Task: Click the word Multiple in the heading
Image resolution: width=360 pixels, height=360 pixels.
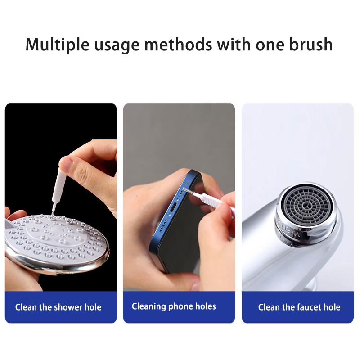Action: pyautogui.click(x=58, y=45)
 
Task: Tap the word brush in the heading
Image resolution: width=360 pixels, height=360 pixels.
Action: pyautogui.click(x=311, y=44)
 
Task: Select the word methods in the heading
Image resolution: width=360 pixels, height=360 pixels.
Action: pyautogui.click(x=178, y=44)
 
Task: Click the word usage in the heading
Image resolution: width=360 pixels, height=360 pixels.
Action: pyautogui.click(x=117, y=46)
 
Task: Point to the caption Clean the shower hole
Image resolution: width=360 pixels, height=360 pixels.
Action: pyautogui.click(x=58, y=307)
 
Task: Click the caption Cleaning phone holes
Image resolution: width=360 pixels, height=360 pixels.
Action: pyautogui.click(x=174, y=306)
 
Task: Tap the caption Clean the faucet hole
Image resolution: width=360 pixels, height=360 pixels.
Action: pyautogui.click(x=299, y=307)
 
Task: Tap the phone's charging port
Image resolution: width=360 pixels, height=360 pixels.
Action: pyautogui.click(x=174, y=208)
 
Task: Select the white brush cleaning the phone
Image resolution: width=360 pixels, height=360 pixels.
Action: pyautogui.click(x=209, y=199)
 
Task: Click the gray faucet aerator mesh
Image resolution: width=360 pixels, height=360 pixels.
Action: pyautogui.click(x=307, y=206)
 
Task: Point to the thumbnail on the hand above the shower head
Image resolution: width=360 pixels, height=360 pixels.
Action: pyautogui.click(x=67, y=164)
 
